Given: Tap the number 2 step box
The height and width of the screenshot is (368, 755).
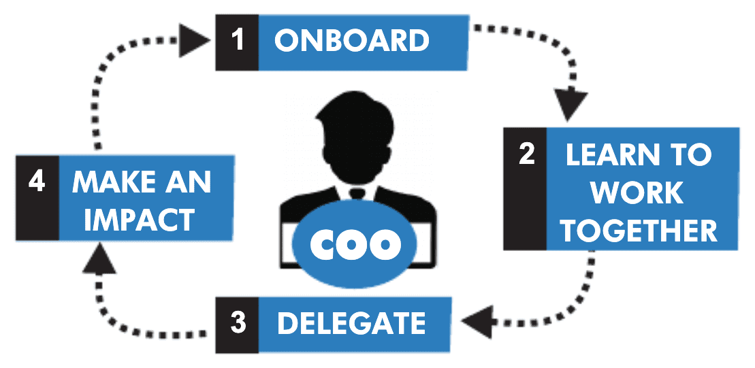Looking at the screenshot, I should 526,188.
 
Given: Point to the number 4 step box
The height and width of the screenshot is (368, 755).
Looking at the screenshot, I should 37,197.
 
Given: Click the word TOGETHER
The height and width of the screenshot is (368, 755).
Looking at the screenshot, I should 639,230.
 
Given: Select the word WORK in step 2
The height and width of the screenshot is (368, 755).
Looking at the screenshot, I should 637,193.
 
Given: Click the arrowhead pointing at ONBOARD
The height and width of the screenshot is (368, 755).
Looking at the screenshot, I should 198,41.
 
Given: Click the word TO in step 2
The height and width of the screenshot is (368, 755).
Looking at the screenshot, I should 693,155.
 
